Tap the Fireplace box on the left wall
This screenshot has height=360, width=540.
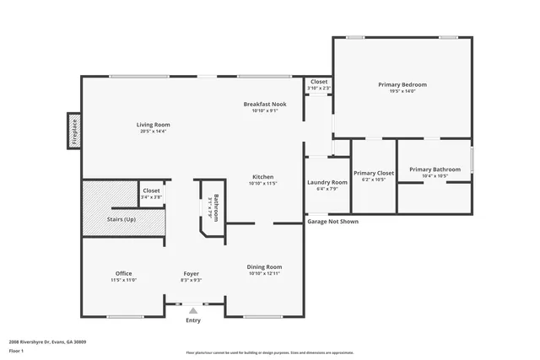[x=74, y=132]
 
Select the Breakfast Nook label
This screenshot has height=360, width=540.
[x=265, y=104]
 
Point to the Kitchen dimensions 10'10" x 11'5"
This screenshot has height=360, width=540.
[x=263, y=183]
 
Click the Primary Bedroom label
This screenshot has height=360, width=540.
[x=402, y=84]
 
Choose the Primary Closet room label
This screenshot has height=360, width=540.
[x=373, y=172]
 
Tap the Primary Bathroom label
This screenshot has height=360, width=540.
[x=435, y=169]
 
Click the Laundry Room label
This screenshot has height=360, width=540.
[x=327, y=182]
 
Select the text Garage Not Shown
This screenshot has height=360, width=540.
[x=332, y=221]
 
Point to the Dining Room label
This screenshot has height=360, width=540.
[x=263, y=266]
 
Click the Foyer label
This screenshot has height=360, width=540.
[x=192, y=273]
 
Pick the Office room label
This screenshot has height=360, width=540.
[x=123, y=273]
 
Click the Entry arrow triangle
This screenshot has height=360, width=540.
[x=193, y=311]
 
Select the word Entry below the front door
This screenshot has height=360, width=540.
[x=193, y=320]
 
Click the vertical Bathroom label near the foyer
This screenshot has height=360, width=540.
[x=216, y=208]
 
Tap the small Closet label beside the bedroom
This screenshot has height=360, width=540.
[x=319, y=82]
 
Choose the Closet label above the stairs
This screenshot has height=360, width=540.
[x=151, y=191]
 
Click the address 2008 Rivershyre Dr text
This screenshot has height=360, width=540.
[x=47, y=341]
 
